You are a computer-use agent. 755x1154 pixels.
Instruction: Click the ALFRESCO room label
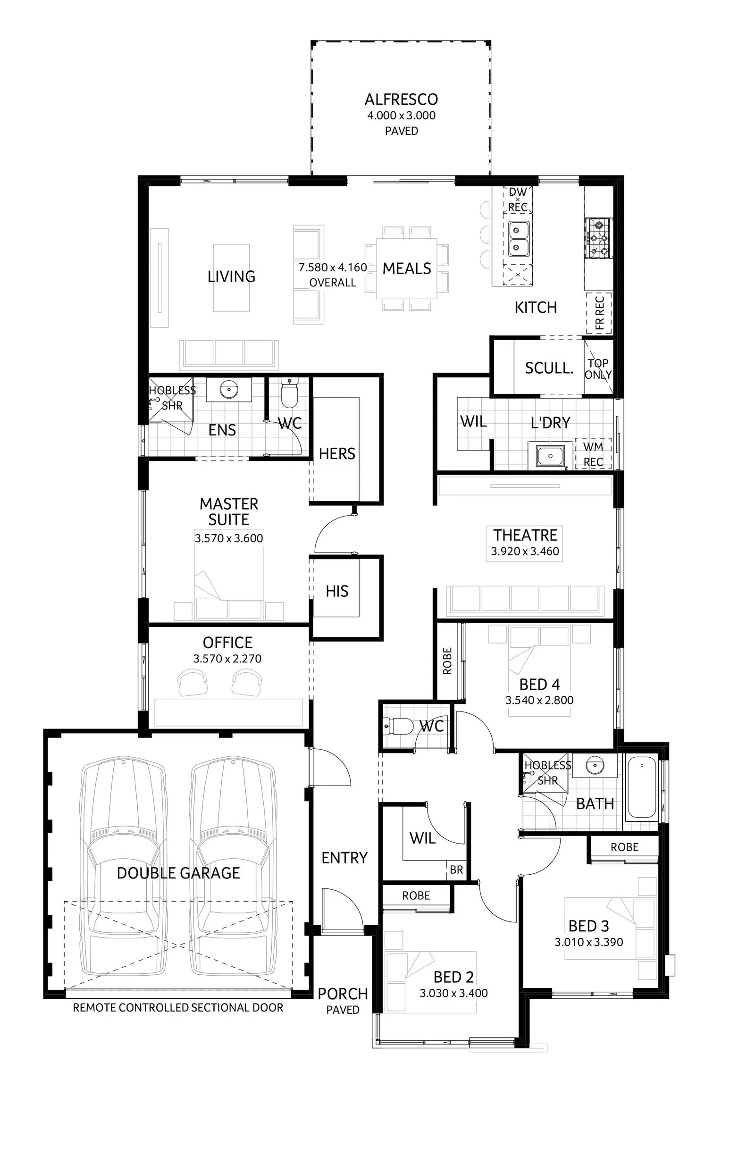coord(401,100)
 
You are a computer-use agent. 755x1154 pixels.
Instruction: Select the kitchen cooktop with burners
coord(598,238)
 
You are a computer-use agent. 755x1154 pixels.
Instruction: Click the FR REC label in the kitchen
coord(599,313)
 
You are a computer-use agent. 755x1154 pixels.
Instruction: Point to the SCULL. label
coord(549,368)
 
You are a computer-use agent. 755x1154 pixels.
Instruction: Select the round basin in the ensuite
coord(228,389)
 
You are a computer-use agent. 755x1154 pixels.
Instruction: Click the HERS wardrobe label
coord(337,454)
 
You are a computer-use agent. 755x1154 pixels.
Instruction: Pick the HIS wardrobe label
coord(337,591)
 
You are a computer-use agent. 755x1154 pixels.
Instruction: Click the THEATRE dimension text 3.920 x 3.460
coord(525,552)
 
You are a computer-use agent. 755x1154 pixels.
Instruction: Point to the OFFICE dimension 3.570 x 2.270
coord(227,659)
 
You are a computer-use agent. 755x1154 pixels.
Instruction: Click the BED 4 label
coord(539,685)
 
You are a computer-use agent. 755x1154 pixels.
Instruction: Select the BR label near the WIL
coord(456,870)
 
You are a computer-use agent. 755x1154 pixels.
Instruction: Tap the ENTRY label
coord(344,858)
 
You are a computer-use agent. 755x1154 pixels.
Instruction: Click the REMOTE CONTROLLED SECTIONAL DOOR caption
coord(178,1008)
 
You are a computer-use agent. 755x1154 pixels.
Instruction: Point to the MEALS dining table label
coord(407,268)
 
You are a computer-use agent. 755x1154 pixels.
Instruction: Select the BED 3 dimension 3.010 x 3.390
coord(589,942)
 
